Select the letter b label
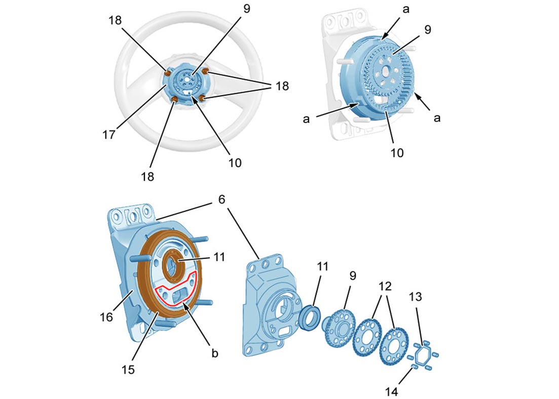[x=214, y=353]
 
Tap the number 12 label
[x=383, y=285]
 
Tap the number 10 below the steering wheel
[x=234, y=163]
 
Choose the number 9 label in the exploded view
[x=352, y=276]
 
